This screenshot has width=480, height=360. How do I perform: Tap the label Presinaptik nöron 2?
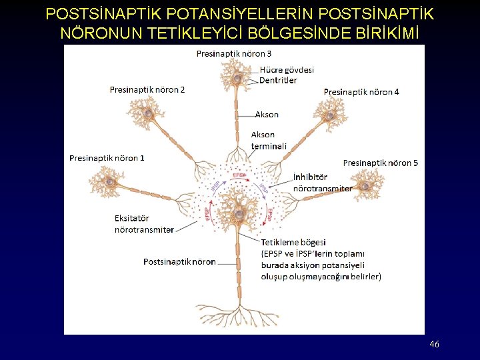tap(147, 89)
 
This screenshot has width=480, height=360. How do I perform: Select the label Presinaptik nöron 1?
tap(107, 158)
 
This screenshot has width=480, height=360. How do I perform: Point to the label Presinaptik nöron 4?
tap(361, 91)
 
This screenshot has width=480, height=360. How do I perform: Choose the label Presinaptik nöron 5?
tap(381, 163)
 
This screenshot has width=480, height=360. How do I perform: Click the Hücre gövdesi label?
tap(287, 70)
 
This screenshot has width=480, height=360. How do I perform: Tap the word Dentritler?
tap(278, 81)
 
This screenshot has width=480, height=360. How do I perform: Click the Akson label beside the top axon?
tap(267, 115)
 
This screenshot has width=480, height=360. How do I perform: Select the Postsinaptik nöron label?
tap(179, 261)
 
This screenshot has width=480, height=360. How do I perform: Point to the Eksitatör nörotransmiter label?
tap(144, 224)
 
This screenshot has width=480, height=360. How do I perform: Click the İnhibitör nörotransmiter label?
tap(322, 183)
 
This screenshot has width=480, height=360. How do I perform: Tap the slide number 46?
tap(434, 345)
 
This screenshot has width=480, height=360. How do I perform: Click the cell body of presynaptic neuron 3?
tap(237, 78)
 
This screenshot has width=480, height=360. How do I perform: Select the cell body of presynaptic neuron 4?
tap(329, 117)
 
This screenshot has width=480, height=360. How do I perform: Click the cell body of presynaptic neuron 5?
tap(365, 187)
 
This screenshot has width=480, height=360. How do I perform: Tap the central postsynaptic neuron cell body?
tap(238, 213)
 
